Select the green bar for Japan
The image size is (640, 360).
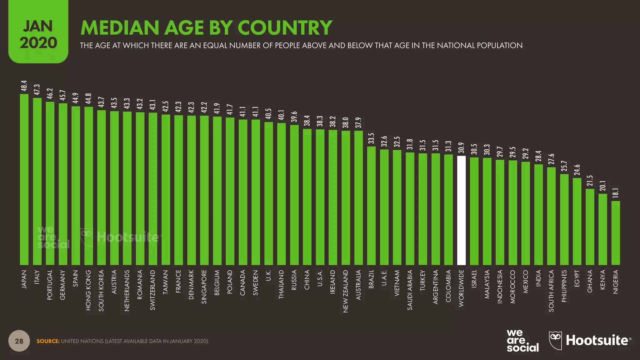point(24,179)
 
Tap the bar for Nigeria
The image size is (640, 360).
point(616,233)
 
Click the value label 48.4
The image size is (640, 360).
point(24,86)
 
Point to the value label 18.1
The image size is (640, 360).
point(616,194)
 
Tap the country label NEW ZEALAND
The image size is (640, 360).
point(346,291)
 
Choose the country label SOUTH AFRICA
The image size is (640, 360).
point(551,291)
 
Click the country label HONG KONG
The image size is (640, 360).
point(88,290)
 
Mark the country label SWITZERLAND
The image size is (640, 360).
point(153,290)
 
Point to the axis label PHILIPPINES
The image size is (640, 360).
point(564,286)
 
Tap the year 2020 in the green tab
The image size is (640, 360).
point(38,43)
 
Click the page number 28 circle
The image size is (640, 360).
point(19,341)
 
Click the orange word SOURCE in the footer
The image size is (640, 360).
point(48,341)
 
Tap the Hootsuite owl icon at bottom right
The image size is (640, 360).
point(555,340)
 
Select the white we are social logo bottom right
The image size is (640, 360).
point(522,341)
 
